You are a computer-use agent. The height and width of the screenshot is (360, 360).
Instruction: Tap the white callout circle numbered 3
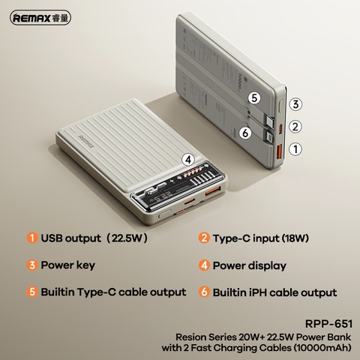(x=296, y=105)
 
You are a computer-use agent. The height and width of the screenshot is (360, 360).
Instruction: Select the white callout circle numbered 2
(x=296, y=127)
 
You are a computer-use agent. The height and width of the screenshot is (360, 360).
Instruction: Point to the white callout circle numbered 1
(x=296, y=149)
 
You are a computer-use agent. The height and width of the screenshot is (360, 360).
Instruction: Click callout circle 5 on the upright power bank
(x=254, y=98)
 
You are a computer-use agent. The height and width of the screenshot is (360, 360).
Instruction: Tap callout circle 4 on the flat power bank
(x=187, y=159)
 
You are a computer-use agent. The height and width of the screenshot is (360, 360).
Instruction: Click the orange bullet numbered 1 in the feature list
(x=32, y=238)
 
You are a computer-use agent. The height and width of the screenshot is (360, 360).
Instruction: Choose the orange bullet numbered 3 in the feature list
(x=32, y=265)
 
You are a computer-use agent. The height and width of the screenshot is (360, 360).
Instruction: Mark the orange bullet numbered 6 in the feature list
(x=204, y=292)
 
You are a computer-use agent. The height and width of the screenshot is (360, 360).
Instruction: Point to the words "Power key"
(x=68, y=265)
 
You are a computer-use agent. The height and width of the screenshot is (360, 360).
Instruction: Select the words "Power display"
(x=250, y=265)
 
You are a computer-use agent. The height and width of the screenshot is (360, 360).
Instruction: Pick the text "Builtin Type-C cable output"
(x=113, y=292)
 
